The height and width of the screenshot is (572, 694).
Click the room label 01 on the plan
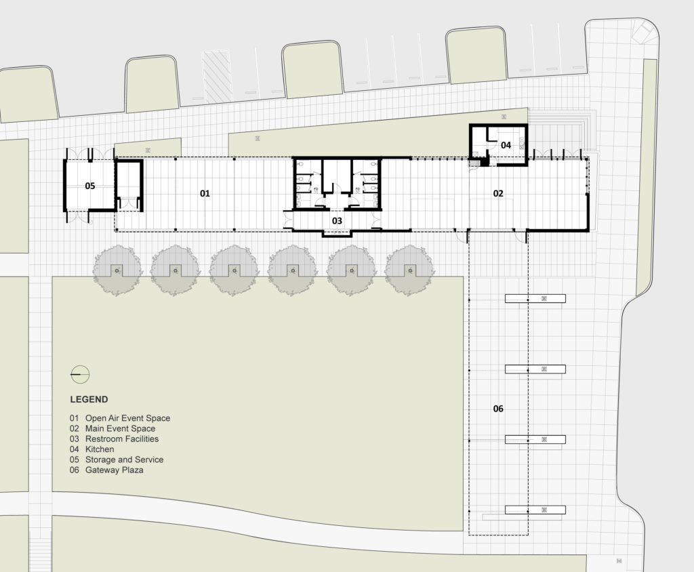pos(205,194)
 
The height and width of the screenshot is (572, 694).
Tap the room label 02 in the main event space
pos(498,194)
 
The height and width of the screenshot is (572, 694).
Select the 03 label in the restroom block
pos(337,221)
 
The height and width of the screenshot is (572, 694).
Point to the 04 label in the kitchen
pos(506,145)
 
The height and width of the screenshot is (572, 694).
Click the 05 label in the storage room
pos(90,186)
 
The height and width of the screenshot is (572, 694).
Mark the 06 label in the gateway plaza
pos(498,409)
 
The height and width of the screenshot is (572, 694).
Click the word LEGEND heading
pos(89,400)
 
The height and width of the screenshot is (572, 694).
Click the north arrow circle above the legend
pos(80,373)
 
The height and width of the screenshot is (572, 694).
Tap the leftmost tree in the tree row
pos(117,270)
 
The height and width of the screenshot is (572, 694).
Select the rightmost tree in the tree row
pos(409,270)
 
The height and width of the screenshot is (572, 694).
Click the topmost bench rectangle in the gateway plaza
pos(535,299)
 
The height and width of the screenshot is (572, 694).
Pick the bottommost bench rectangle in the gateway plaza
pos(535,510)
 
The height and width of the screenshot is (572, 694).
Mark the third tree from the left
pos(234,270)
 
